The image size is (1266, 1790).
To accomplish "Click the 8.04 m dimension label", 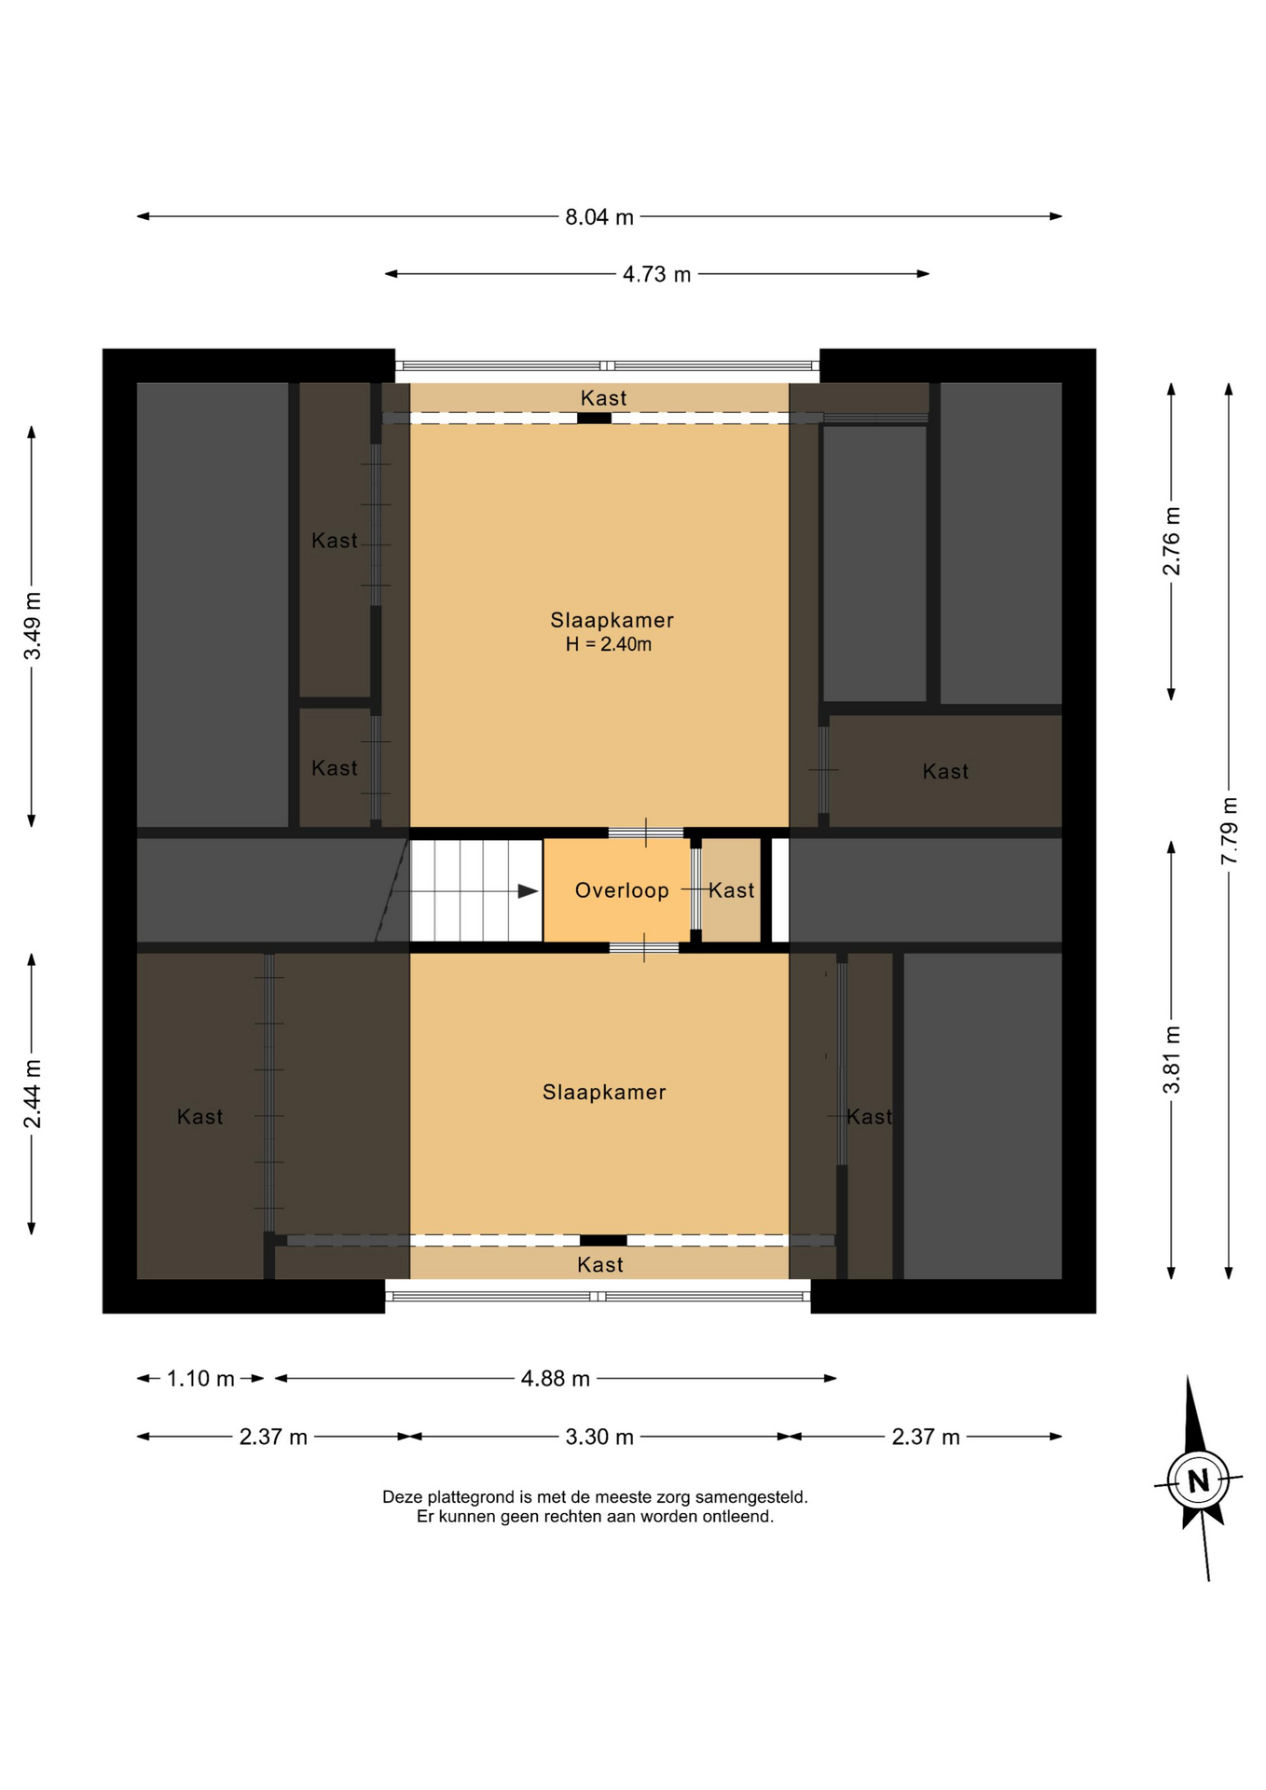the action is (x=599, y=217).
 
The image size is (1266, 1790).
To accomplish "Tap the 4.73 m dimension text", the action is (x=657, y=275).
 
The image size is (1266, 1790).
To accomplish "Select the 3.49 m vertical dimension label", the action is (x=33, y=626).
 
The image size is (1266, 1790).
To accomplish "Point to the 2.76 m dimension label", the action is (x=1172, y=541).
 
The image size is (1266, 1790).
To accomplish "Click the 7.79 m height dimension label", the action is (x=1230, y=831).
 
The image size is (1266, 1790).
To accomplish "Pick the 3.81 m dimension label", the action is (x=1172, y=1060).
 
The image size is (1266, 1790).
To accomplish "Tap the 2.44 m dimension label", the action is (x=33, y=1094).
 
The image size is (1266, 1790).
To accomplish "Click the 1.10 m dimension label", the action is (x=200, y=1379).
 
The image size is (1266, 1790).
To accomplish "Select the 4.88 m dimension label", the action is (x=556, y=1379).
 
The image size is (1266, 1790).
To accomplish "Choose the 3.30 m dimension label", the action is (x=599, y=1438).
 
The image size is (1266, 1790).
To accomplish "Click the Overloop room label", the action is (x=622, y=891).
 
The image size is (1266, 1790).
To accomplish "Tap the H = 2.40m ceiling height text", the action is (x=609, y=644).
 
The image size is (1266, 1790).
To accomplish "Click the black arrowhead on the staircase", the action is (x=529, y=892).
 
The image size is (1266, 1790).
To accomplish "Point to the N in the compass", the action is (x=1199, y=1480).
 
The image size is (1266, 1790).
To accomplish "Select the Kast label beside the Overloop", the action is (x=732, y=891).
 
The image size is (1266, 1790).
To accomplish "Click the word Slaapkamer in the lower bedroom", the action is (x=604, y=1093).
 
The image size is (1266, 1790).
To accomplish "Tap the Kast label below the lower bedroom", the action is (x=600, y=1265).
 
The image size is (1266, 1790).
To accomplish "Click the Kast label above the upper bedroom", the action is (x=604, y=399).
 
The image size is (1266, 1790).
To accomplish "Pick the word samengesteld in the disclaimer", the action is (x=751, y=1497).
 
